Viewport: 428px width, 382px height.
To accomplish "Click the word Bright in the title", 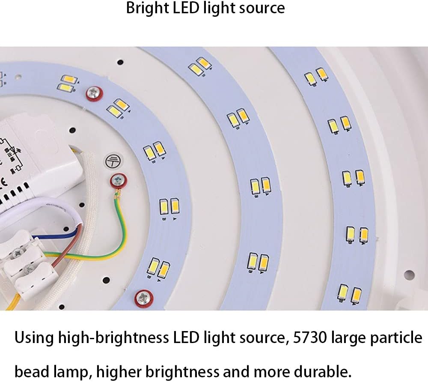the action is pos(146,9).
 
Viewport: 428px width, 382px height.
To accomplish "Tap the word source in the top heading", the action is pos(262,9).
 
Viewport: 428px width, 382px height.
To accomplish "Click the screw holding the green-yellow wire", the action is pos(118,181).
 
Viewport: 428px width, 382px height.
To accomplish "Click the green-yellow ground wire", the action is pos(122,231).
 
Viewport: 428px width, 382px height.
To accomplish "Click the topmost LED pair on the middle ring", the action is pos(199,66).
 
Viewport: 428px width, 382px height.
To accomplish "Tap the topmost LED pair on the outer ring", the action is pos(316,76).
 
